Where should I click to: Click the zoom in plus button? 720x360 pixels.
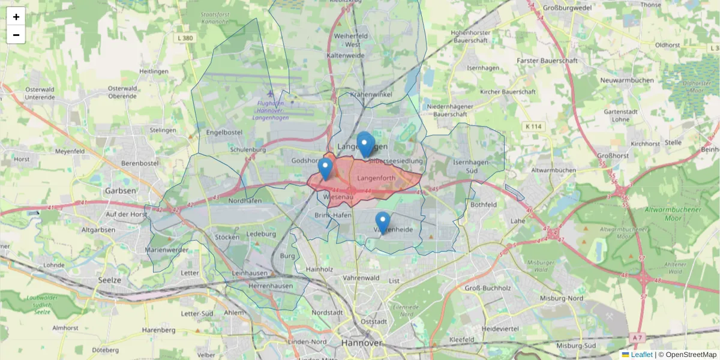(16, 17)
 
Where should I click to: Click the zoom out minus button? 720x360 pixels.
(16, 35)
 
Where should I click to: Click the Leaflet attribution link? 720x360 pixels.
(641, 355)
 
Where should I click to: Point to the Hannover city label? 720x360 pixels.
(361, 343)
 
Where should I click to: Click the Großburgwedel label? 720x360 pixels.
(567, 8)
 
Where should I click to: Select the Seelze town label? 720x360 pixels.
(110, 280)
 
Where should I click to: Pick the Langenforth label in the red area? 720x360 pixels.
(376, 178)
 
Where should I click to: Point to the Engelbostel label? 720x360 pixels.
(224, 132)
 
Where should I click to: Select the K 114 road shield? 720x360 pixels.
(533, 127)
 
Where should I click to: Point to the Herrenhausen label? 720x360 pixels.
(271, 286)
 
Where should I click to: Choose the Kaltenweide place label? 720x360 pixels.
(346, 55)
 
